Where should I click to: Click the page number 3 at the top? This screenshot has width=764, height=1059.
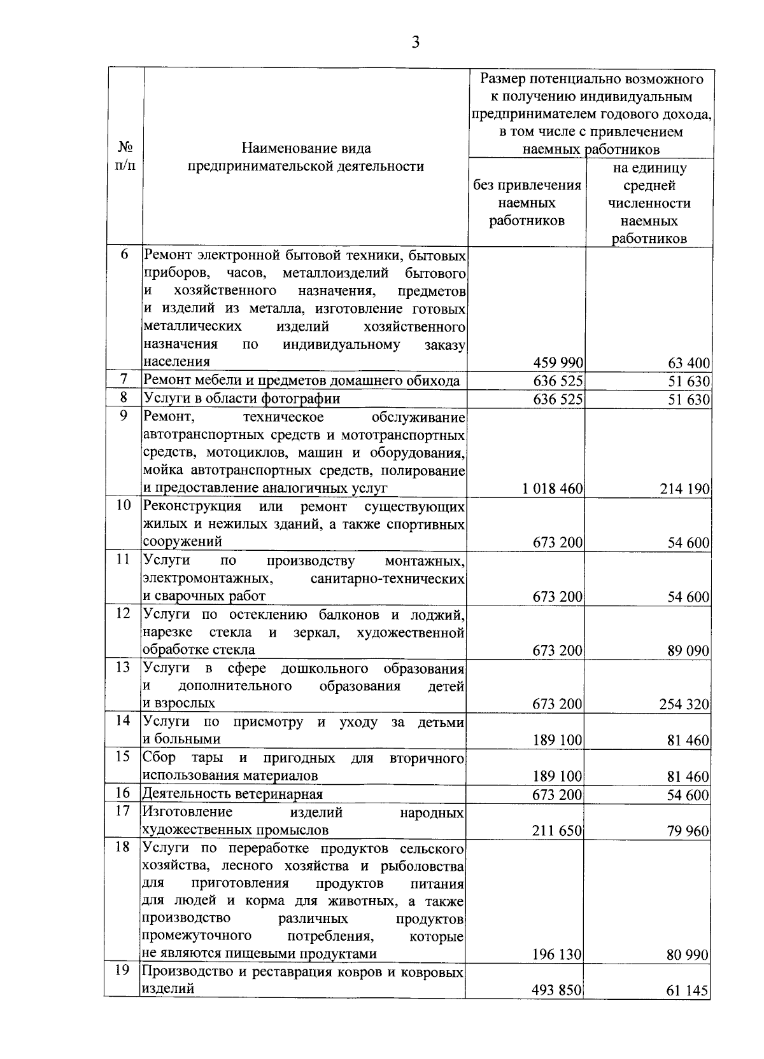click(415, 43)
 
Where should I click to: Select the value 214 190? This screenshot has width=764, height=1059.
click(684, 488)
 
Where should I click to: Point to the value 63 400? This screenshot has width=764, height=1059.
click(689, 363)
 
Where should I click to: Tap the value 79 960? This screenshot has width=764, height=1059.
click(688, 831)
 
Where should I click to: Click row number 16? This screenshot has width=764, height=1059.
click(124, 793)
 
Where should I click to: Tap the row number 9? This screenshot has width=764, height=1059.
click(124, 415)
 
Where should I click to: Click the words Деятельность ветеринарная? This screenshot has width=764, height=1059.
click(232, 794)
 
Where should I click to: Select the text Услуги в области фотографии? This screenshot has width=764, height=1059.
click(242, 399)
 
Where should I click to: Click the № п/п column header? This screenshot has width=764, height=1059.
click(125, 156)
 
